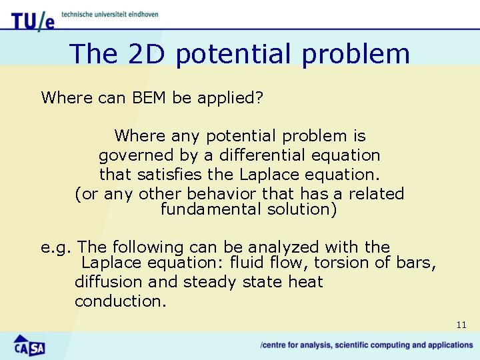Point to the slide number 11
coord(461,325)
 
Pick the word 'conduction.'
coord(120,301)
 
